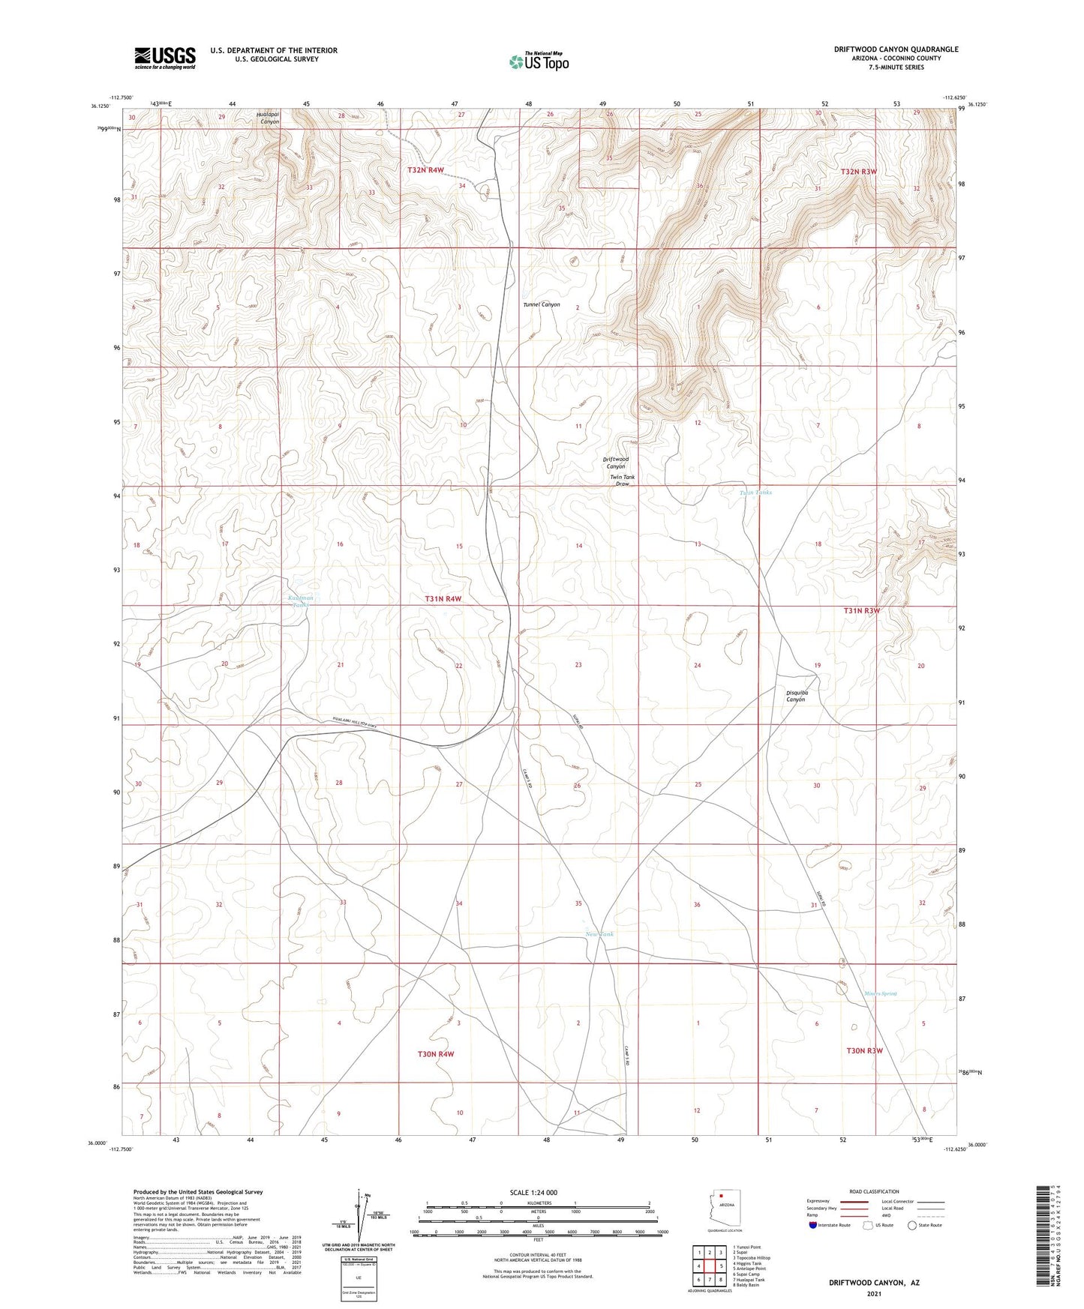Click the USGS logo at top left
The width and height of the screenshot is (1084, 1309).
coord(165,58)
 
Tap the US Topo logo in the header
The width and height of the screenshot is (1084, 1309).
coord(539,61)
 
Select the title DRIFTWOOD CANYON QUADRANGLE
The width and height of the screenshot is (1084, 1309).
coord(896,49)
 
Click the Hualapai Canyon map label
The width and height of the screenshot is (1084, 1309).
coord(268,118)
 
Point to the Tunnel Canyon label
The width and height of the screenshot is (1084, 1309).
coord(542,305)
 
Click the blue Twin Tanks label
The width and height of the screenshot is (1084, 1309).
coord(755,493)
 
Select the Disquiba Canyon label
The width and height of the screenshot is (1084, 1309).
coord(796,696)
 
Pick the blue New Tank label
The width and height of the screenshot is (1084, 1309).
coord(599,934)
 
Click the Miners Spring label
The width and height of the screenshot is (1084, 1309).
coord(878,994)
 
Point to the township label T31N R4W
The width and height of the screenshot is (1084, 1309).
coord(443,599)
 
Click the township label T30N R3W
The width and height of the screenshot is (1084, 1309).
coord(864,1051)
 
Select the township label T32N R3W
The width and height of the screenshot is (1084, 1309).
coord(858,172)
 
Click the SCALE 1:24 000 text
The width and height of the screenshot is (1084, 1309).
coord(533,1193)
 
